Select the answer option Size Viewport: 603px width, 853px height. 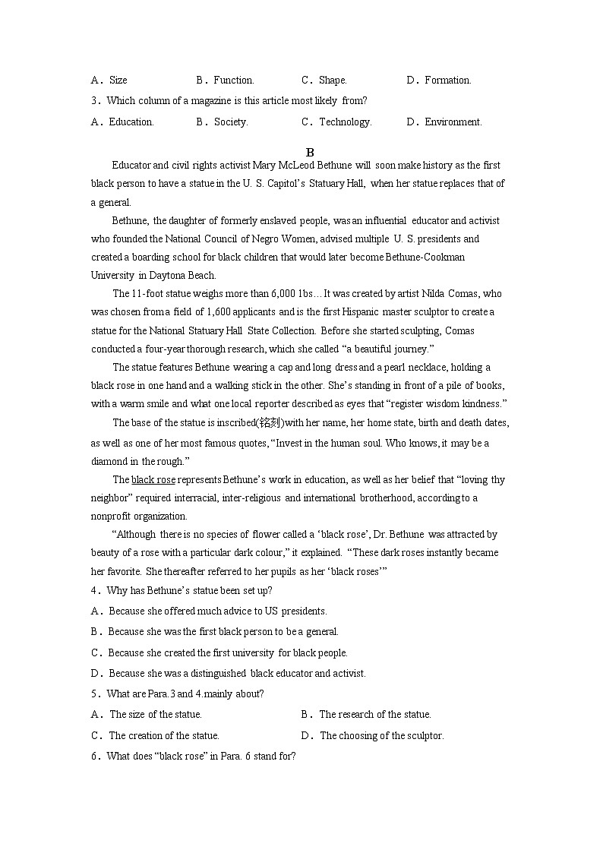click(118, 80)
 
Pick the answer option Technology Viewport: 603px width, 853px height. click(345, 122)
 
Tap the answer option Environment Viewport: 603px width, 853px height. click(453, 122)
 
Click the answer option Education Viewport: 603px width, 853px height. click(131, 122)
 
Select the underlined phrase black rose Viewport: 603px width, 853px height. click(153, 479)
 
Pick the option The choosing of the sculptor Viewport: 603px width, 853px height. click(381, 735)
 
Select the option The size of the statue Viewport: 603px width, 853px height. click(155, 714)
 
